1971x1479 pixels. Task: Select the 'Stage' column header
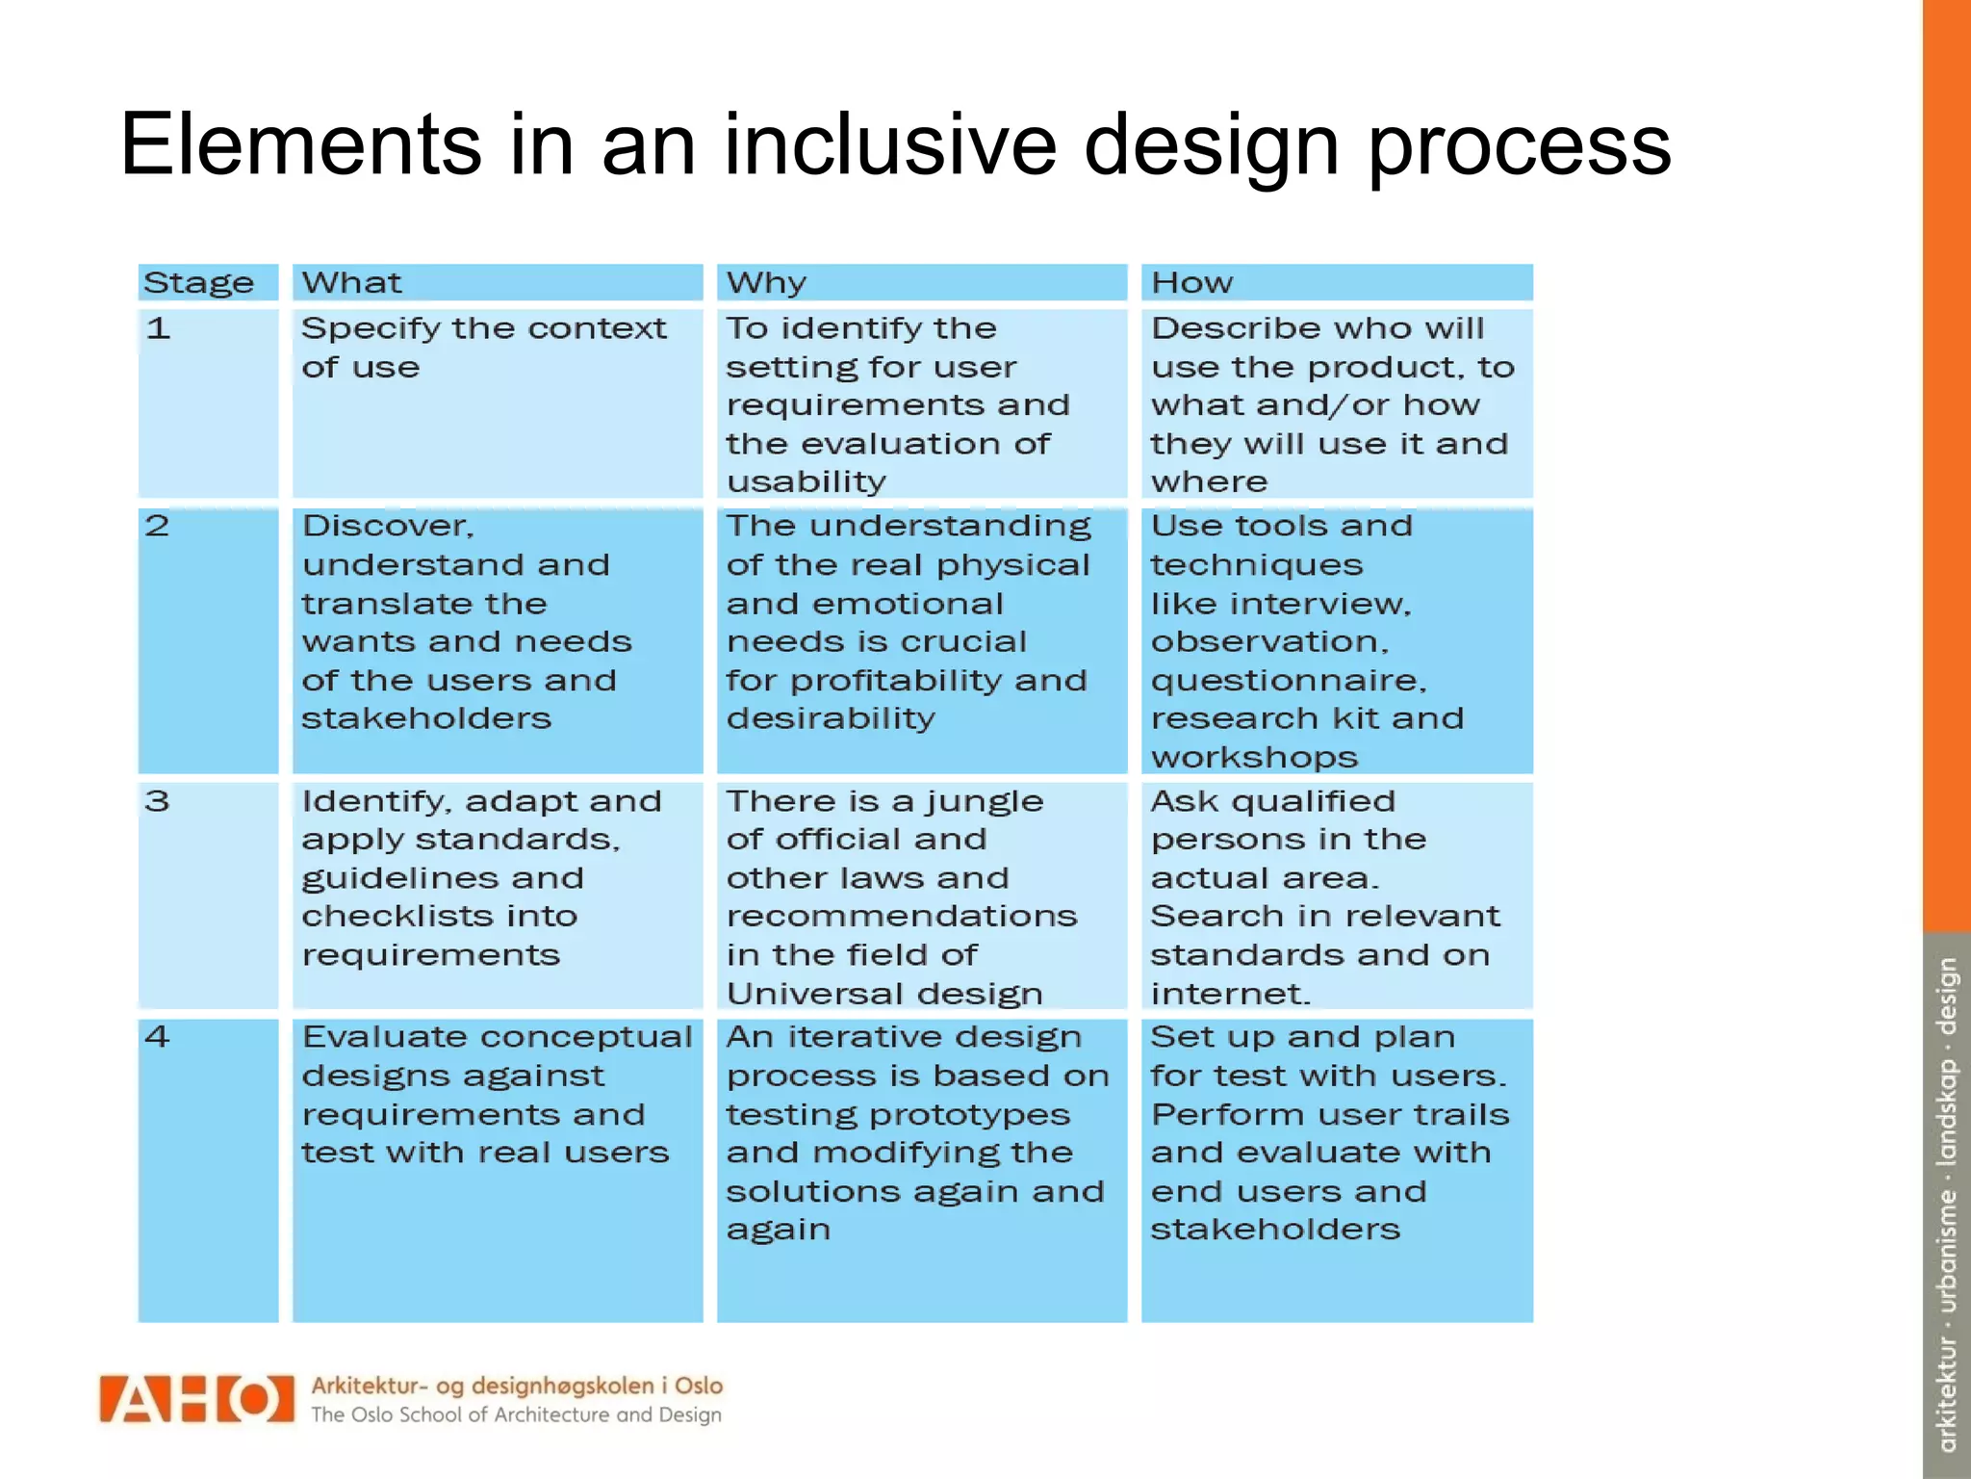(x=198, y=283)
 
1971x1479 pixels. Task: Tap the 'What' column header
(x=351, y=282)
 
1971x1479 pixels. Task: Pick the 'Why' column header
(x=766, y=282)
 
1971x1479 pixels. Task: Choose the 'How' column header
(x=1191, y=282)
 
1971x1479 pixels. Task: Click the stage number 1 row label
(x=158, y=328)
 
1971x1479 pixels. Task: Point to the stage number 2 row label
(x=157, y=526)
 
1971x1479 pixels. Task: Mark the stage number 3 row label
(x=157, y=801)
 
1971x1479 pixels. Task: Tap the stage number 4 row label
(x=157, y=1037)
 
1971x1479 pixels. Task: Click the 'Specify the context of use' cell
(x=483, y=348)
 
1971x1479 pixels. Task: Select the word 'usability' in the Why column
(x=806, y=481)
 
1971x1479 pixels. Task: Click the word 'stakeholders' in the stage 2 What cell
(x=426, y=718)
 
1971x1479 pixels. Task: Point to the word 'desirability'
(x=830, y=718)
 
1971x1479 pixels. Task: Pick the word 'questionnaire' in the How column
(x=1286, y=681)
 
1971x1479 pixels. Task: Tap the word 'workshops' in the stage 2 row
(x=1254, y=758)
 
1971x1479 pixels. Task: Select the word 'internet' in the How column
(x=1228, y=994)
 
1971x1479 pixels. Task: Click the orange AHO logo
(x=196, y=1399)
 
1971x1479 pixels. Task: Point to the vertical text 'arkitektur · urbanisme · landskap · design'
(x=1947, y=1204)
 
